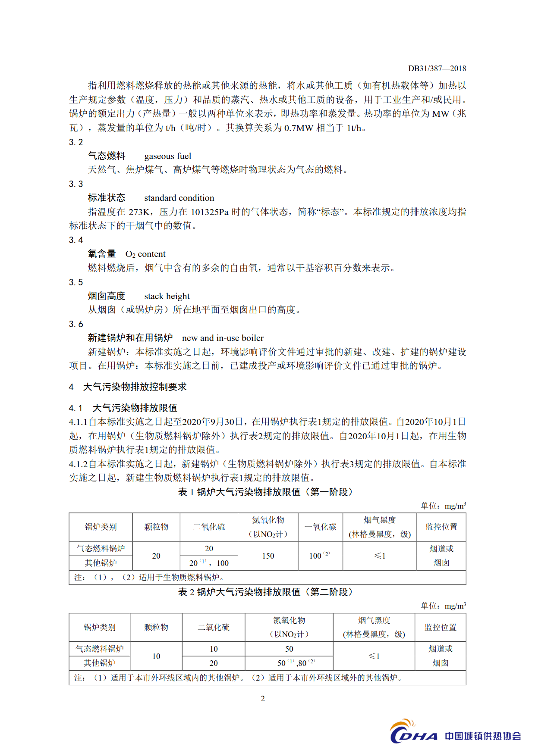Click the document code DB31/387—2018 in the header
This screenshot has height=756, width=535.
[437, 69]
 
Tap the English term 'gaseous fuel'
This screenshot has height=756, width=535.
[167, 156]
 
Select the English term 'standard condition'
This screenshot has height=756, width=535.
[179, 198]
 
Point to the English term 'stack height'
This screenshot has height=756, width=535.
[167, 296]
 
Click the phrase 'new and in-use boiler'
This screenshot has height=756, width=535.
[223, 338]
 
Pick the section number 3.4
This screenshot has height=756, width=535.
[76, 240]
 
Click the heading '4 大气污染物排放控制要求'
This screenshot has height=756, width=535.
[128, 387]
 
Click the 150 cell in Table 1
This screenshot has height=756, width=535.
[268, 556]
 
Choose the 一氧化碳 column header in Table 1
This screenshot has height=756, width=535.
[321, 527]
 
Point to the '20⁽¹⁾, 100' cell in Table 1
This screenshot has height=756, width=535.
[209, 563]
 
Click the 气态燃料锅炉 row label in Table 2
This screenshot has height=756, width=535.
[100, 649]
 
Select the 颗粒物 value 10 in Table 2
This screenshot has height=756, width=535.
[156, 656]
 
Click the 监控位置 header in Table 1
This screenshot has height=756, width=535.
[441, 527]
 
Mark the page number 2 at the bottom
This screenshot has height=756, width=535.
[263, 699]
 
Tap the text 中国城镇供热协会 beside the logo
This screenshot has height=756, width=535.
[483, 736]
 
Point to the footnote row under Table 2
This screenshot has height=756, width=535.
[267, 678]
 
